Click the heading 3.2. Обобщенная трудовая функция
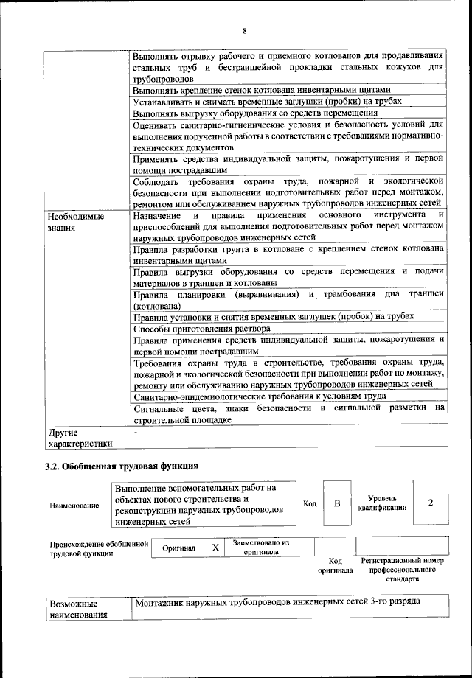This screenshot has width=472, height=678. click(x=122, y=466)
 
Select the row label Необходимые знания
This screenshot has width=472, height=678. click(x=75, y=222)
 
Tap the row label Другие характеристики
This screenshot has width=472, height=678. click(x=80, y=438)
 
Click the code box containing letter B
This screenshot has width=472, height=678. click(x=337, y=503)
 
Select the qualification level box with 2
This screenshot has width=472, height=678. click(x=430, y=503)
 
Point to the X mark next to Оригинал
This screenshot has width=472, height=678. click(x=215, y=548)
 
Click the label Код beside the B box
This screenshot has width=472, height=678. click(x=310, y=503)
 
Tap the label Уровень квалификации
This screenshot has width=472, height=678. click(x=381, y=503)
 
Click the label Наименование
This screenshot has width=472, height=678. click(x=74, y=506)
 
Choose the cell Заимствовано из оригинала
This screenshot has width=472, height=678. click(x=260, y=547)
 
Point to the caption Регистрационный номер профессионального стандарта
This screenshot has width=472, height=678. click(x=402, y=570)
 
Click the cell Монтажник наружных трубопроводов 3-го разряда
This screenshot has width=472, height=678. click(x=277, y=602)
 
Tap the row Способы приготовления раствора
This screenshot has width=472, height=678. click(x=202, y=328)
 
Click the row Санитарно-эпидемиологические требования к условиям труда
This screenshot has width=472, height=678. click(x=260, y=396)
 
